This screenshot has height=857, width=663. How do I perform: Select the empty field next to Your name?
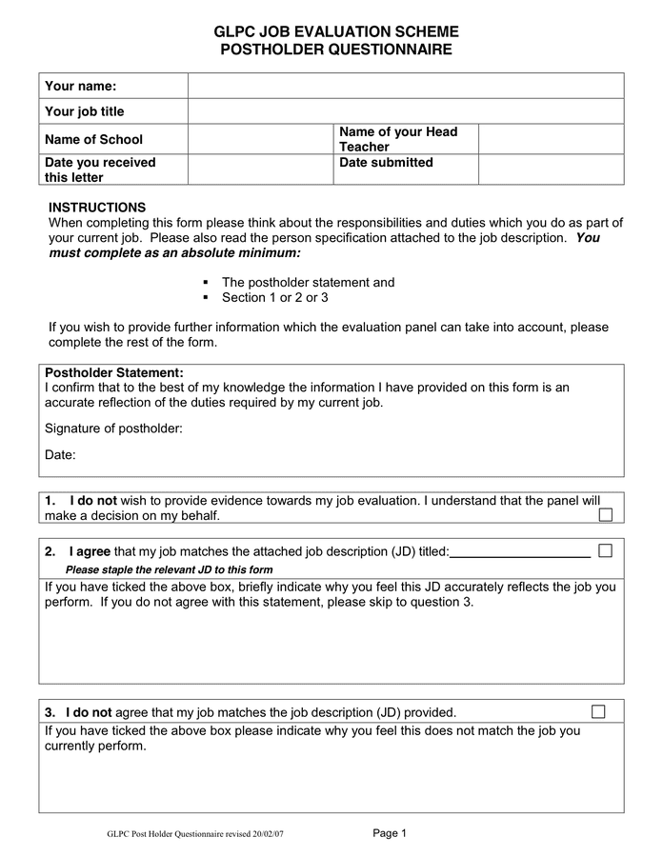(x=405, y=86)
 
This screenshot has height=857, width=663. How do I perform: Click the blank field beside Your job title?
(x=405, y=111)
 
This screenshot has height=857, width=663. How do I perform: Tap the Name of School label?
(x=93, y=139)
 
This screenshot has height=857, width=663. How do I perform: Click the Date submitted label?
(x=386, y=163)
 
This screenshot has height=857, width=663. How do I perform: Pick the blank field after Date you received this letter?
(x=259, y=169)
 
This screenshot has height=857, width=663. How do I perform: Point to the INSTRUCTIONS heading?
(x=97, y=207)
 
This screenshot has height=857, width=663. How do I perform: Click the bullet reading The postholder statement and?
(x=308, y=283)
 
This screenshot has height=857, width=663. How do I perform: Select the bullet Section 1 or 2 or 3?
(x=274, y=298)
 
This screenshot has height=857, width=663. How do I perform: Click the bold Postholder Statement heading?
(x=114, y=372)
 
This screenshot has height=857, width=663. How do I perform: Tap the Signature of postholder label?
(x=113, y=428)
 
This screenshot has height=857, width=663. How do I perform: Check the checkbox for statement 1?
(x=605, y=515)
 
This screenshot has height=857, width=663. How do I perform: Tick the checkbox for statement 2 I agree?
(x=605, y=550)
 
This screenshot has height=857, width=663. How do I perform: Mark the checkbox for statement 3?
(x=598, y=711)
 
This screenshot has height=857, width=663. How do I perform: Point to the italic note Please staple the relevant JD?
(x=169, y=569)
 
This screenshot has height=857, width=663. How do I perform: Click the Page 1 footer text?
(x=390, y=833)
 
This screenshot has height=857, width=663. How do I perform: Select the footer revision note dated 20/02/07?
(x=195, y=834)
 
